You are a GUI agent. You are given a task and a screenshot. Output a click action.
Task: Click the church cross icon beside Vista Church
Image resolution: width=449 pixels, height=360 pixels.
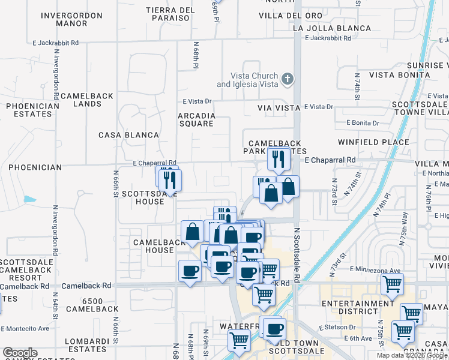point(288,79)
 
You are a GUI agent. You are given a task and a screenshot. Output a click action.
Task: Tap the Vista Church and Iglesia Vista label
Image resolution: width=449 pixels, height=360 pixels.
point(247,80)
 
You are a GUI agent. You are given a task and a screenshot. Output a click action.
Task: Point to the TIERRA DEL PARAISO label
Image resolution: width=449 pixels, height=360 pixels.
point(171,14)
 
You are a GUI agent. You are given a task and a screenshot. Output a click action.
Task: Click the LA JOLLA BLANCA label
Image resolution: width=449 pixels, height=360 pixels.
point(332,28)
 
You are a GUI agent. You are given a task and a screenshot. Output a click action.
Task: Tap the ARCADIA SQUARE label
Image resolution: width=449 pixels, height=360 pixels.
point(196,119)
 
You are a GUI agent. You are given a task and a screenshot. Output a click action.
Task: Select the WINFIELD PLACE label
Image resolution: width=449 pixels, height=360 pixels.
point(373,142)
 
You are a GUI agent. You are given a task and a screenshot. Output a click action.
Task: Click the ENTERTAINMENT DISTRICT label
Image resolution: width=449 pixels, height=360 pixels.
point(357,307)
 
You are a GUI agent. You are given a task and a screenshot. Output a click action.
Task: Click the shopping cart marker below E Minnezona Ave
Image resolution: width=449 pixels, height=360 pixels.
point(392,285)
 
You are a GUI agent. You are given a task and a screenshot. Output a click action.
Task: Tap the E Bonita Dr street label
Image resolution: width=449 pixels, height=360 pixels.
point(363,123)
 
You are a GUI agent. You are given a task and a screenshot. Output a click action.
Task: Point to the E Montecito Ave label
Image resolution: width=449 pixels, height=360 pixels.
point(25,329)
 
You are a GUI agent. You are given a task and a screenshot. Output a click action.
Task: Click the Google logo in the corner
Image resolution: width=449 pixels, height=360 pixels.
point(20,353)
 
